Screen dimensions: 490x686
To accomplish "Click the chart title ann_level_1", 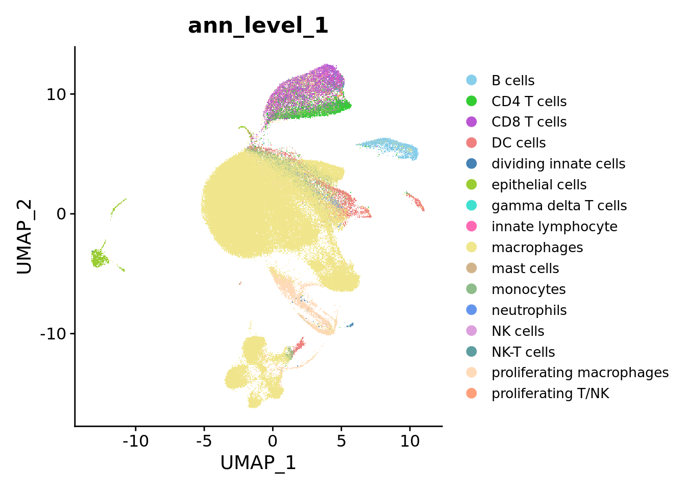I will click(258, 26).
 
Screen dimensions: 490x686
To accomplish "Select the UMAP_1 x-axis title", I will click(258, 462).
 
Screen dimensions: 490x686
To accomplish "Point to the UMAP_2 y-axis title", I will click(24, 236).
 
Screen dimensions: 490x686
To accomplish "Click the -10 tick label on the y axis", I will click(56, 334).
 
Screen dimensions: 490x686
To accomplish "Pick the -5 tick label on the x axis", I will click(204, 440).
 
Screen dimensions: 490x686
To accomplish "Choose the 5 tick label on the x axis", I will click(341, 440).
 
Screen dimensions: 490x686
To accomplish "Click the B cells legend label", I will click(512, 81).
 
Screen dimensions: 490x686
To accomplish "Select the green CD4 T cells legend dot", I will click(472, 101).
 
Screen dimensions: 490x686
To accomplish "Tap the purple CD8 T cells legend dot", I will click(472, 122).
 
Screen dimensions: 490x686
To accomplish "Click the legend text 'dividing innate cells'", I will click(558, 164).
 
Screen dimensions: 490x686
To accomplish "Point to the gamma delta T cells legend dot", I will click(472, 205).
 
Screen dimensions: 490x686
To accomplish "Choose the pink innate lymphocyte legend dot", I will click(472, 226).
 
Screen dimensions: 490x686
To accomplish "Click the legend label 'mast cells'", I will click(525, 268).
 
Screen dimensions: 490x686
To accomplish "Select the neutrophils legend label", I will click(529, 310).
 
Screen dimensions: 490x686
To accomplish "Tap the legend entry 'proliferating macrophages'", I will click(579, 373).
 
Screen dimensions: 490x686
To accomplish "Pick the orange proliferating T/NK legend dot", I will click(472, 393).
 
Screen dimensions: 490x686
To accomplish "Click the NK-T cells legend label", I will click(523, 352).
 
